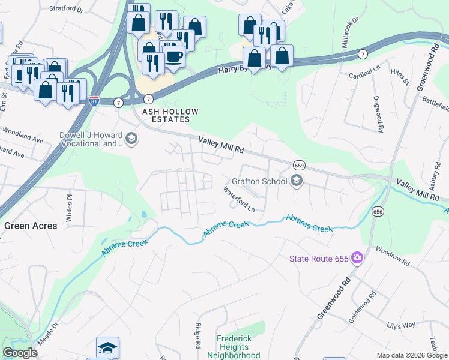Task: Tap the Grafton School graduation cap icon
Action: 295,181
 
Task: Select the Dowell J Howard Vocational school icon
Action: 131,139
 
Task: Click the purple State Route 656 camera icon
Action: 357,258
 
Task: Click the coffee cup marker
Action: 174,56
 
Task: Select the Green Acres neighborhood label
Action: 31,226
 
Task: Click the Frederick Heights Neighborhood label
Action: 234,347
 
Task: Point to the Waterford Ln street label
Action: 239,199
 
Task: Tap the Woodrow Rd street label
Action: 393,256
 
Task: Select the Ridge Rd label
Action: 197,336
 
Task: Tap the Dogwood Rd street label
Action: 378,113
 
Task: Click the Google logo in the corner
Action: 20,353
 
